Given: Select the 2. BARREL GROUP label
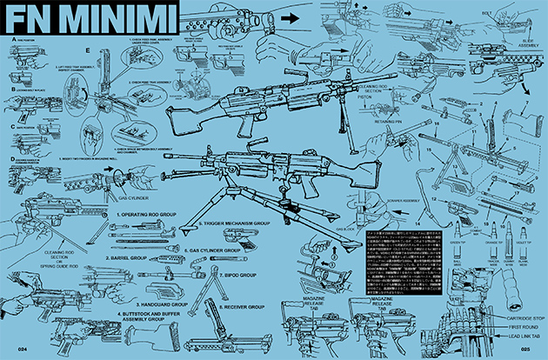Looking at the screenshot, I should tap(133, 257).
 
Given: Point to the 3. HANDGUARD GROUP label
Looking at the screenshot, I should tap(143, 281).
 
